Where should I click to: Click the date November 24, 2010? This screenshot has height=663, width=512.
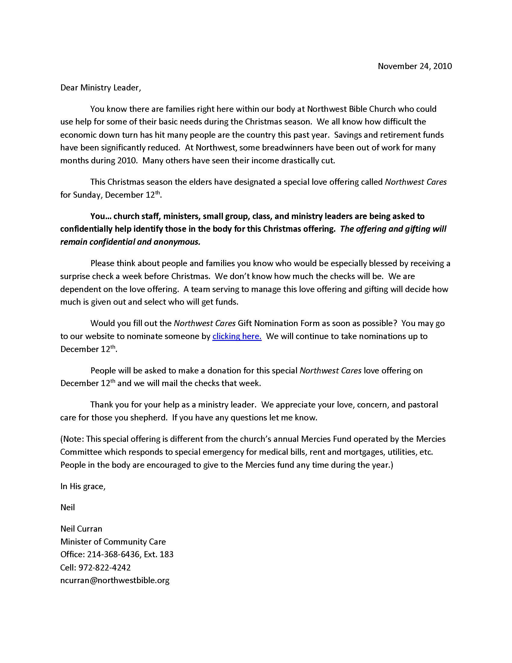pyautogui.click(x=415, y=66)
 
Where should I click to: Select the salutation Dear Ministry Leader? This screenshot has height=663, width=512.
pyautogui.click(x=101, y=88)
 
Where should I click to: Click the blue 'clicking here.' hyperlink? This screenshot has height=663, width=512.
pyautogui.click(x=237, y=336)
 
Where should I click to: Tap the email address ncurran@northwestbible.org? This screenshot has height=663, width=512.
pyautogui.click(x=115, y=580)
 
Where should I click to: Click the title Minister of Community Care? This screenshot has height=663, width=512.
pyautogui.click(x=113, y=542)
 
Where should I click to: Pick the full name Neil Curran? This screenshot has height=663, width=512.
pyautogui.click(x=81, y=529)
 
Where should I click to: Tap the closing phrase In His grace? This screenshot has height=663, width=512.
pyautogui.click(x=83, y=486)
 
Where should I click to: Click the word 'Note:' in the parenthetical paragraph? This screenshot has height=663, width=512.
pyautogui.click(x=73, y=439)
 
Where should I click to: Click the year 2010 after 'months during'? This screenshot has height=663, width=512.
pyautogui.click(x=127, y=160)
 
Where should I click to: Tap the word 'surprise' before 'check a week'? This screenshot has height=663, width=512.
pyautogui.click(x=75, y=276)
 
